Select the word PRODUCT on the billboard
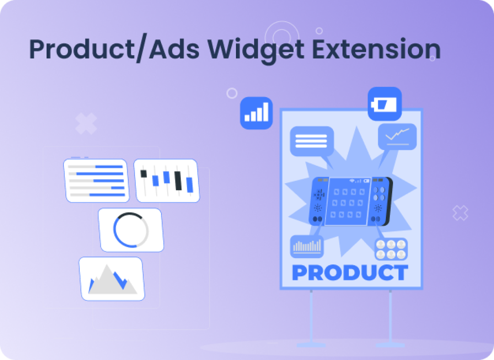pos(350,273)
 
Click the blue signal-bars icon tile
pos(257,113)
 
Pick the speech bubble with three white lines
pos(311,141)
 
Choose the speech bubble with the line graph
pos(397,137)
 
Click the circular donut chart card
pos(131,230)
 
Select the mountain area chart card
pos(112,279)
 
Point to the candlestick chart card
pos(166,180)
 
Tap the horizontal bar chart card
pos(96,180)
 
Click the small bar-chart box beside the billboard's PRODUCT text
pos(307,247)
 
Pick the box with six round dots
pos(391,248)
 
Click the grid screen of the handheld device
pos(347,201)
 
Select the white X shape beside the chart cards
pos(86,124)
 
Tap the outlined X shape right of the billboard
pos(460,213)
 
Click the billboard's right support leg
pos(390,318)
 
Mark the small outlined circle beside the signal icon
pos(232,93)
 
